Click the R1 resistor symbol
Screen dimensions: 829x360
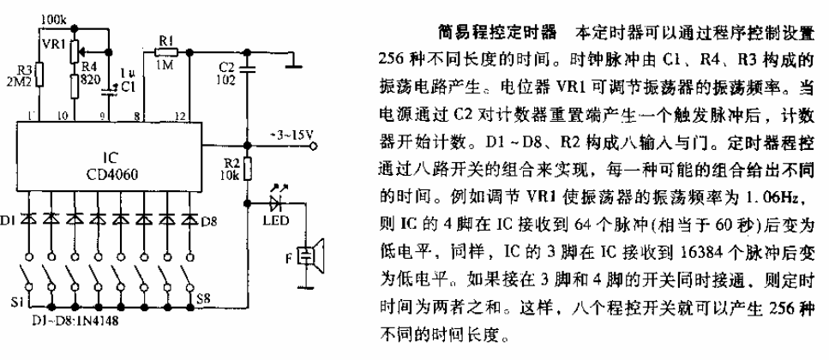166,51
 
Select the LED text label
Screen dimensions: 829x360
275,219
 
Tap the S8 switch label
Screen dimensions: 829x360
204,298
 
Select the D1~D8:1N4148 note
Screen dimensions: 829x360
74,320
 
